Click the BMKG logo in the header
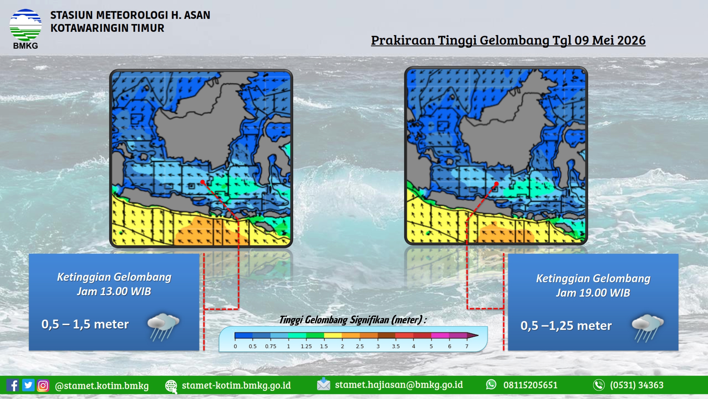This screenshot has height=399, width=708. (25, 29)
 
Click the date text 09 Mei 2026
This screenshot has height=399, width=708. (610, 40)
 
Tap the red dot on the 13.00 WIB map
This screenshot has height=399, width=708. (202, 182)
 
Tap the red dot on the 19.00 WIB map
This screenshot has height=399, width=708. (496, 184)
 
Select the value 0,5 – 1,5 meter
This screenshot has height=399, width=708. (85, 324)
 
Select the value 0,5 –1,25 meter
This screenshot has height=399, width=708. (566, 325)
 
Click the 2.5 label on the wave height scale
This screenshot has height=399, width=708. (360, 347)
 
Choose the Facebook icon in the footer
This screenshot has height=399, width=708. (13, 385)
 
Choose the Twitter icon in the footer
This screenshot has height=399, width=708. (28, 385)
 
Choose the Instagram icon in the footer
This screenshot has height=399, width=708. (43, 385)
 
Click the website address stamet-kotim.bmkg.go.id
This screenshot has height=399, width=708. (236, 385)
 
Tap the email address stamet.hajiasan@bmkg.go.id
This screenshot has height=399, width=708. (399, 385)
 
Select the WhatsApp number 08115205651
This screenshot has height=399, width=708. (530, 385)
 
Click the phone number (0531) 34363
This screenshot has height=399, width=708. (637, 385)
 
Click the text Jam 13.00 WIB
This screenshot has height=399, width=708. (114, 291)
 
